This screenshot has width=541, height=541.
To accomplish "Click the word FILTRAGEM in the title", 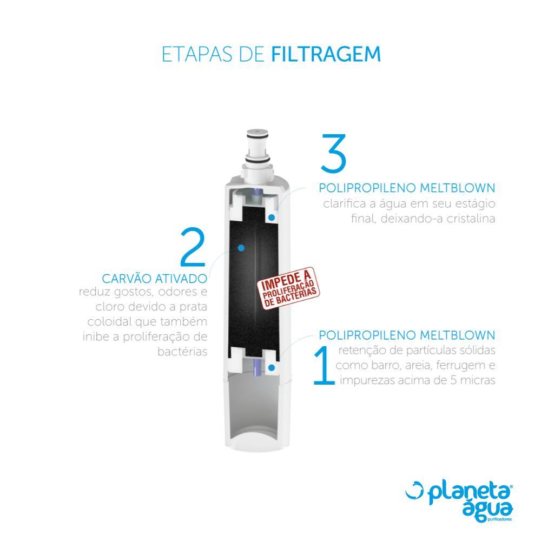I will point(326,55).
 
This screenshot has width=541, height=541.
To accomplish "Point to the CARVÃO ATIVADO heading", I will point(154,279).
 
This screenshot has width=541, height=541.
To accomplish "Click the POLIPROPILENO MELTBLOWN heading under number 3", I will point(407,188).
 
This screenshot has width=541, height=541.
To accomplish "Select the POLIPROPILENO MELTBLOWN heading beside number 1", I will point(407,335).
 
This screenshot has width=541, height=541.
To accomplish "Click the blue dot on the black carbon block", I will point(242,248).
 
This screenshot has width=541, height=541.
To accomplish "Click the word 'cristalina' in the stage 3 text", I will point(470,219).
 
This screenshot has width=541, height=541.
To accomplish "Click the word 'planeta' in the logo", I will point(469,494).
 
